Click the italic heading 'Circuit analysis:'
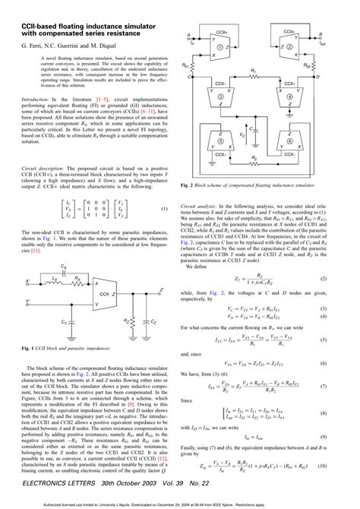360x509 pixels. [201, 206]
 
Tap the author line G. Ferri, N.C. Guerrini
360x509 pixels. [57, 46]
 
